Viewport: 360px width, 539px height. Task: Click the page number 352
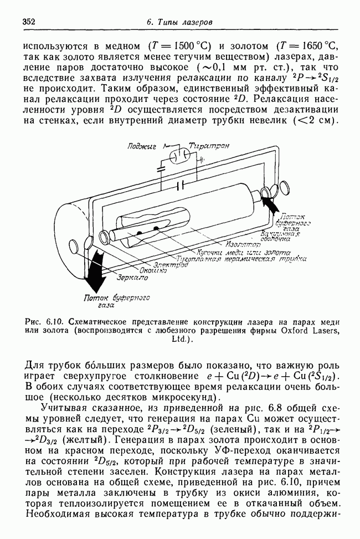29,21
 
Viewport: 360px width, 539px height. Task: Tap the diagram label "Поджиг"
142,146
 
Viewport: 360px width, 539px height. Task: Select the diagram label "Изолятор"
241,243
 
